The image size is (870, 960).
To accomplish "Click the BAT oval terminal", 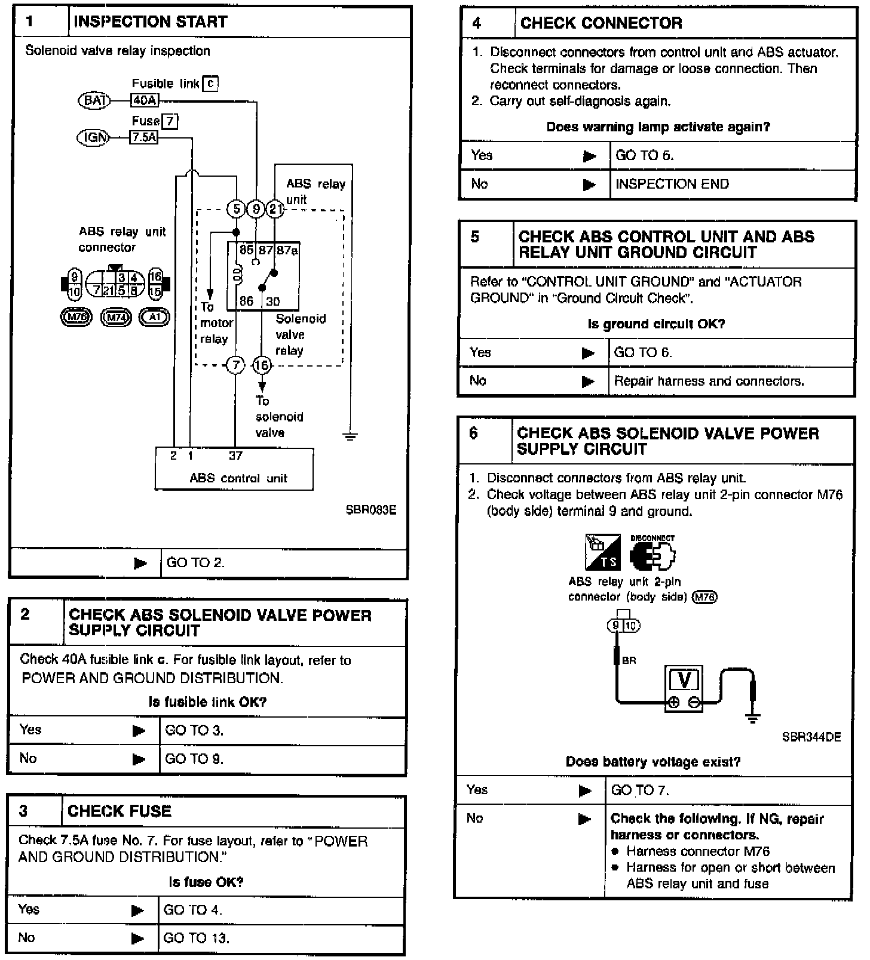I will point(94,100).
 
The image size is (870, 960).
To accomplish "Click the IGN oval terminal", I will point(94,138).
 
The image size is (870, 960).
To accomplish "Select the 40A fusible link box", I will point(144,100).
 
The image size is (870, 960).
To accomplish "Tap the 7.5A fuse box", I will point(144,138).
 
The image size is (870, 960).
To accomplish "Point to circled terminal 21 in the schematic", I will point(274,208).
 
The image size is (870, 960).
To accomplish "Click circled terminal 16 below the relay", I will point(262,365).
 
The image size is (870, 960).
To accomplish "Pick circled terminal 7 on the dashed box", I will point(235,365).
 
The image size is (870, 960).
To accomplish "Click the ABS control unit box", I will point(234,469).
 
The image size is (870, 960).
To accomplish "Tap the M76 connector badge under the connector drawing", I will point(76,317).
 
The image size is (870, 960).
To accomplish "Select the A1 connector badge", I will point(154,317).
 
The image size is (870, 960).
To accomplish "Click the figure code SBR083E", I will point(370,510).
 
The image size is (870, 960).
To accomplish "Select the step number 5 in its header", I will point(474,237).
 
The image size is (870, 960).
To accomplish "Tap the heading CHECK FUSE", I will point(120,811).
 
